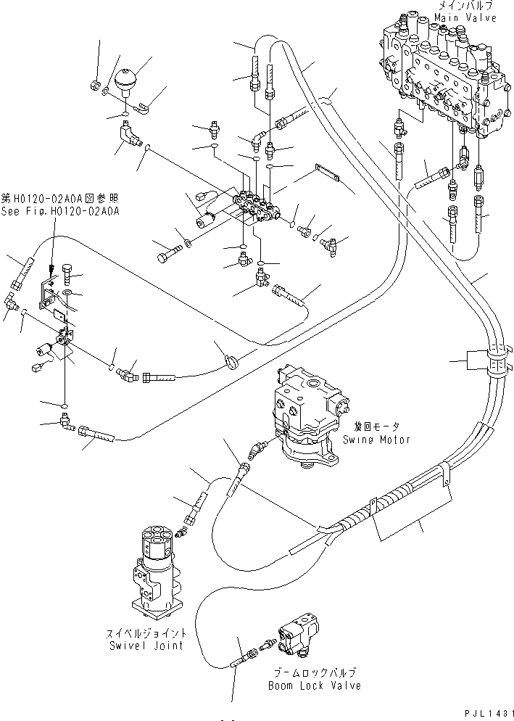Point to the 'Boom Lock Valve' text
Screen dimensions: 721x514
click(x=314, y=685)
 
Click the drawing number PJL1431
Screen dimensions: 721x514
click(x=485, y=713)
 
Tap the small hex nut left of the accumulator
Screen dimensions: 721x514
click(x=95, y=86)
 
